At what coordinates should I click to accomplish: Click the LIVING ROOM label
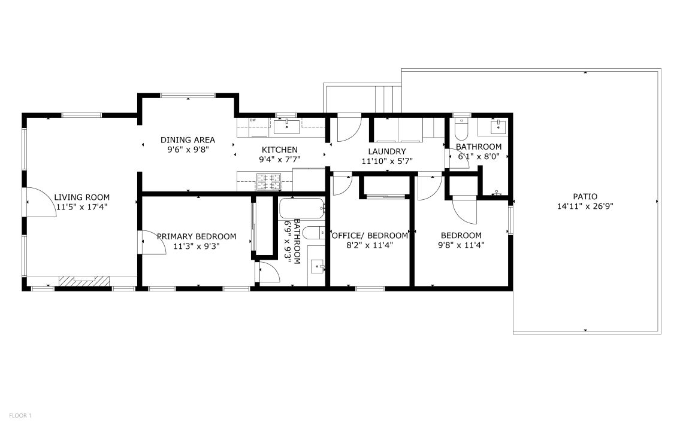coord(82,197)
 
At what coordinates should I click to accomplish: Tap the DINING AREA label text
coord(188,139)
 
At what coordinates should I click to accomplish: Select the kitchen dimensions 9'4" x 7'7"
coord(280,159)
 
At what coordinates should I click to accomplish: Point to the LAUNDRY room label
coord(387,151)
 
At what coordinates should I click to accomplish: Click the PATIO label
coord(585,197)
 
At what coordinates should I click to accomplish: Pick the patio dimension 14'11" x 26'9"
coord(585,206)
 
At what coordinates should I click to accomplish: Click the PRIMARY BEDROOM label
coord(197,236)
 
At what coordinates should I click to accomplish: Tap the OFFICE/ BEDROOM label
coord(370,235)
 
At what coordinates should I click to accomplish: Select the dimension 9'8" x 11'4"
coord(461,245)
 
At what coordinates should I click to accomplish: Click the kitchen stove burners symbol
coord(268,182)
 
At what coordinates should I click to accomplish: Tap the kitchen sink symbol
coord(286,127)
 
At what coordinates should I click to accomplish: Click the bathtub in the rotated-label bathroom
coord(302,209)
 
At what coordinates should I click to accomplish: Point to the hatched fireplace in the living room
coord(84,281)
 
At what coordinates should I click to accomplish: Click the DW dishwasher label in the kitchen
coord(253,120)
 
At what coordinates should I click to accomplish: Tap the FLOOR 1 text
coord(20,416)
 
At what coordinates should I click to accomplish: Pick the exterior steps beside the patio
coord(388,99)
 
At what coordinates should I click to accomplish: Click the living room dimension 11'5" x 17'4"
coord(82,207)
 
